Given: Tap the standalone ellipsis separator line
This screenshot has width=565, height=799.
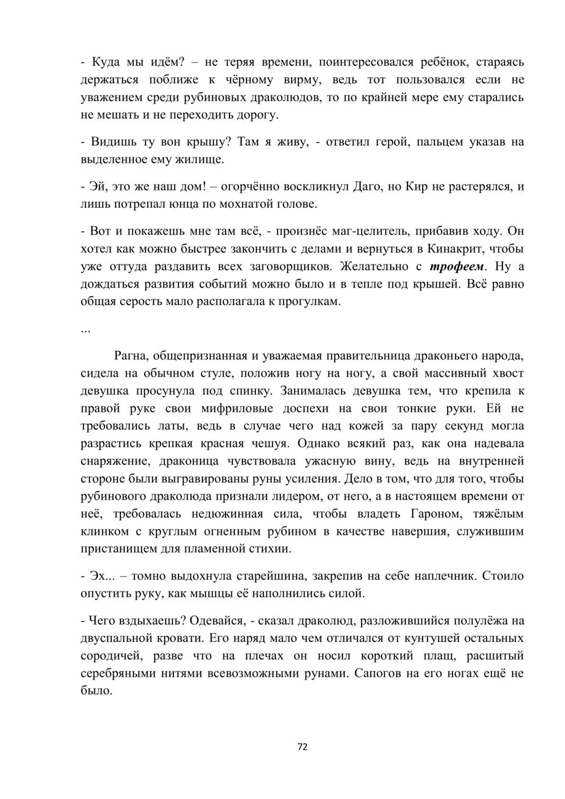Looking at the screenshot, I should click(x=86, y=329).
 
